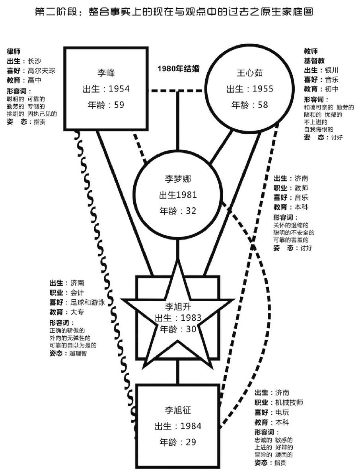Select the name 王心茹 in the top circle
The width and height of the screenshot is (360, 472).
[250, 72]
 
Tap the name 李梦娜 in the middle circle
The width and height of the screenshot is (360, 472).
[178, 178]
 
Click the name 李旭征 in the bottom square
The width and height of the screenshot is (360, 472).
[178, 410]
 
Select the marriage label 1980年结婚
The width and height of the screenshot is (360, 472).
[178, 68]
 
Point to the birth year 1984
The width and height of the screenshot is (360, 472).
[191, 426]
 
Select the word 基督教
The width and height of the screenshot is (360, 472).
[315, 61]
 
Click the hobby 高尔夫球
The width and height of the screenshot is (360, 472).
[41, 70]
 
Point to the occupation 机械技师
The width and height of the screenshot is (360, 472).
[289, 402]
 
